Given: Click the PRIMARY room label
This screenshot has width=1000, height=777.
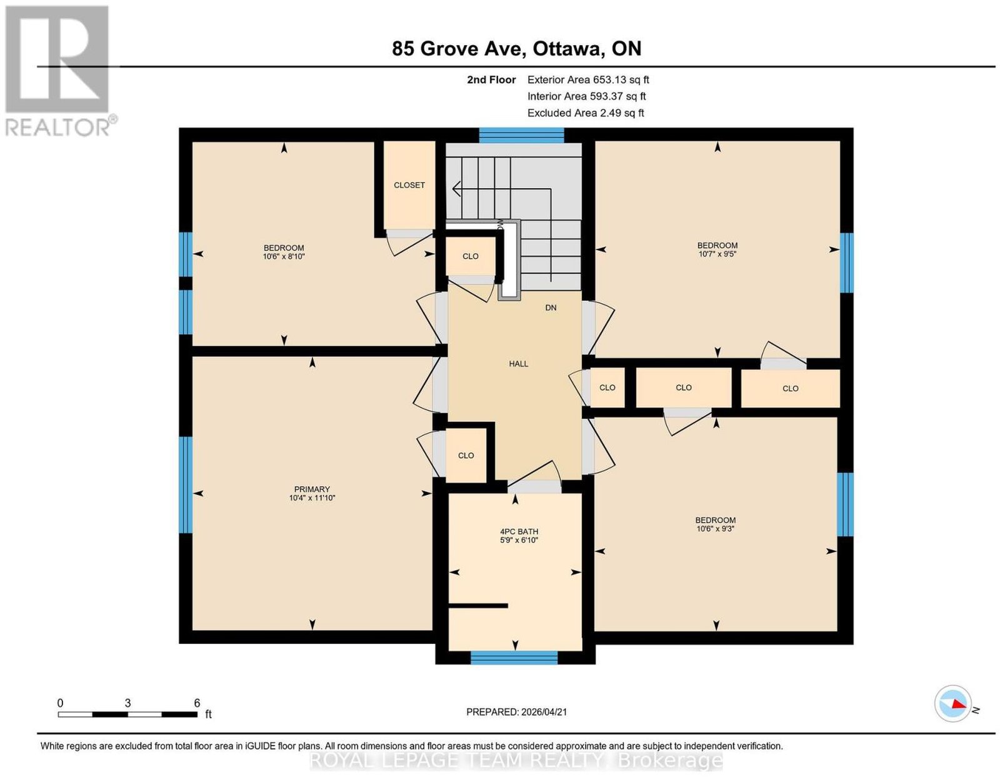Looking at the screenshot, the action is click(x=312, y=489).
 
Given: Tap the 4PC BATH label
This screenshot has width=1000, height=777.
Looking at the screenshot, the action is click(x=519, y=531).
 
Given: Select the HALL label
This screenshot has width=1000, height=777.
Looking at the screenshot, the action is click(x=518, y=364).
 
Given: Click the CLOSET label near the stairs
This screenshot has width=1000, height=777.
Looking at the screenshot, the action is click(x=409, y=185).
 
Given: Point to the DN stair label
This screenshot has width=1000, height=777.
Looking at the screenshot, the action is click(x=551, y=308).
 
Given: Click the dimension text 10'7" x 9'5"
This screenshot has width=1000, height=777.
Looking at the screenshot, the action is click(x=717, y=254).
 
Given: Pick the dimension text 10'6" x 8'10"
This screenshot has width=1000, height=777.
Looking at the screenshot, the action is click(x=284, y=256).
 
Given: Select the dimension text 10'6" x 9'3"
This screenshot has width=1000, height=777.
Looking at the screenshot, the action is click(x=715, y=529).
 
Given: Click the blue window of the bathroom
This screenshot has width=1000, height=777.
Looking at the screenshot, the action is click(x=514, y=657).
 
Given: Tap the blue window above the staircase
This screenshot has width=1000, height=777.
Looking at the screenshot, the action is click(x=521, y=135).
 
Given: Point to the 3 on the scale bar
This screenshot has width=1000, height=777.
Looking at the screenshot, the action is click(x=127, y=703).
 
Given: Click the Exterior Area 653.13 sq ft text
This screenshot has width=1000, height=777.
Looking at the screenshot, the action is click(x=588, y=79).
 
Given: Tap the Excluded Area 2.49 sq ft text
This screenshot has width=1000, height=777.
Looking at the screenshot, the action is click(x=586, y=113).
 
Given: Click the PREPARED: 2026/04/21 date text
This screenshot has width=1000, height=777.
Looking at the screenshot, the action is click(x=516, y=712).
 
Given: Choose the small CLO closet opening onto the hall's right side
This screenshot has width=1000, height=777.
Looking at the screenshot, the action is click(x=607, y=388).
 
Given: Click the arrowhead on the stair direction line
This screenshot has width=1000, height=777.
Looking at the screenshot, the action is click(x=457, y=189).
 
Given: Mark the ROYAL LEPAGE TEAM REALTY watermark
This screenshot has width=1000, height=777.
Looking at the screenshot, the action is click(x=516, y=761).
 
